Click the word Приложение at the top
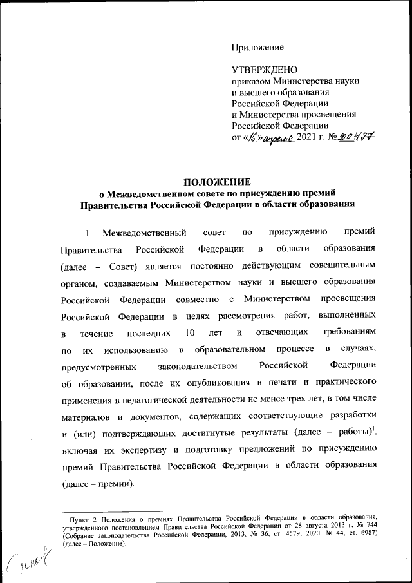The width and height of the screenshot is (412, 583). coord(257,48)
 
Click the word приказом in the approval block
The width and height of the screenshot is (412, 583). coord(251,81)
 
